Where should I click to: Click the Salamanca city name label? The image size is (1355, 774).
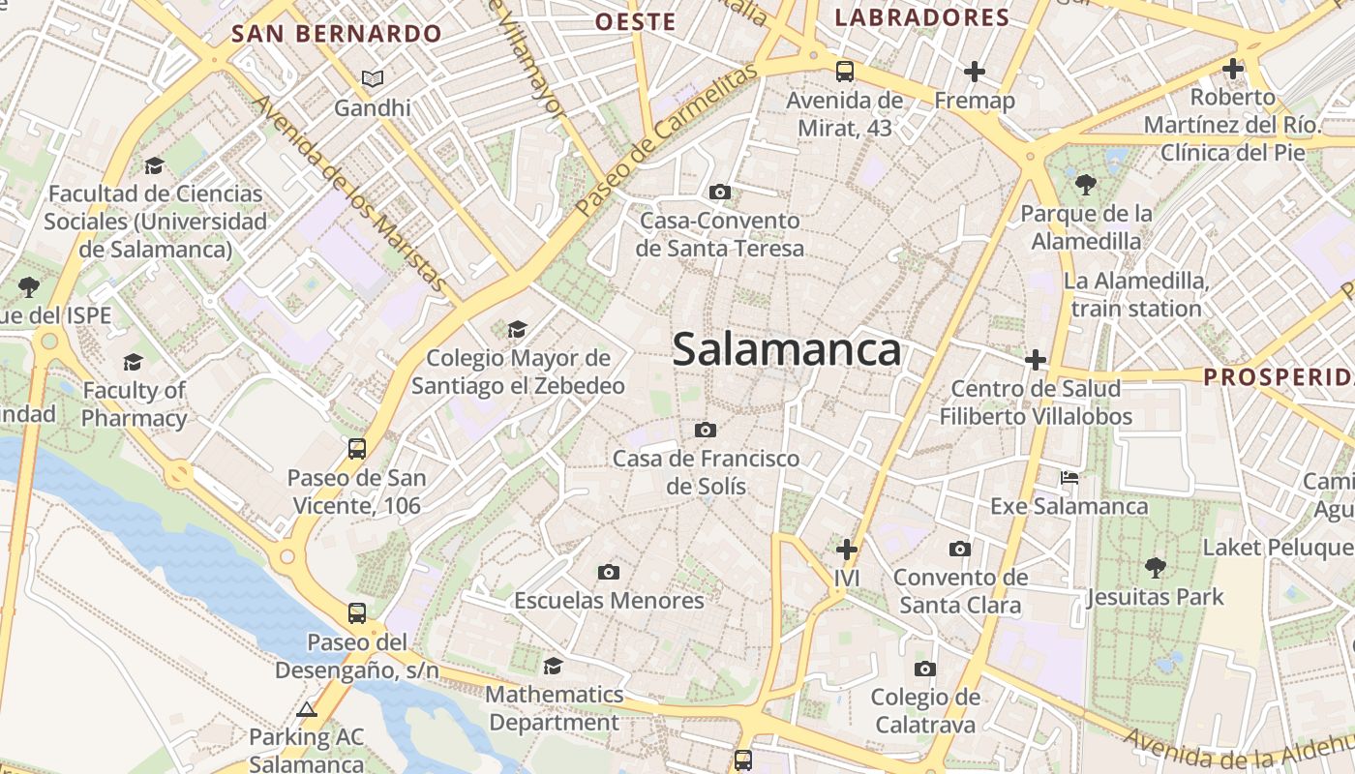coord(786,349)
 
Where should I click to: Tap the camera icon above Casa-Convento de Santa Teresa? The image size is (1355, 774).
coord(719,192)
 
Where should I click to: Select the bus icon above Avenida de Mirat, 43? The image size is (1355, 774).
coord(845,71)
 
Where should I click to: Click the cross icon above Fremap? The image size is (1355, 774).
coord(975,71)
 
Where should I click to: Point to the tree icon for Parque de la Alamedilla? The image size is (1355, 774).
coord(1086,184)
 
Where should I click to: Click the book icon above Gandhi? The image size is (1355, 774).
coord(373,78)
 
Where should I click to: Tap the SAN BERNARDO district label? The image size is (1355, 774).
coord(337,34)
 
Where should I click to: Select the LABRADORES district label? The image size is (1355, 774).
coord(921,17)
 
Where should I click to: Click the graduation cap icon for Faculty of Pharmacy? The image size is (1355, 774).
coord(134,362)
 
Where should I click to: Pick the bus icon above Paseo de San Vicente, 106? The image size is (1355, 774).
coord(357,448)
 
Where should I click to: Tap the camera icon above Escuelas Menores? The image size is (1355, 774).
coord(608,572)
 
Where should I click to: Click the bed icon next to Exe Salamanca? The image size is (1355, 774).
coord(1069,478)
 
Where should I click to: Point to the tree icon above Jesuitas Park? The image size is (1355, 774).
coord(1155,567)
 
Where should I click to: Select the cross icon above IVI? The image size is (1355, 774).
coord(847,550)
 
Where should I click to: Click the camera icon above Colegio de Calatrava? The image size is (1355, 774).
coord(924,669)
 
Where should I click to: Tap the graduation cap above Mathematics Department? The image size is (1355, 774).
coord(553,666)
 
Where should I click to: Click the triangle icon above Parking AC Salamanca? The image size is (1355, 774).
coord(307,709)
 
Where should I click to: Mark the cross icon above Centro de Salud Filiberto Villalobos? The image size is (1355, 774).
coord(1036,360)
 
